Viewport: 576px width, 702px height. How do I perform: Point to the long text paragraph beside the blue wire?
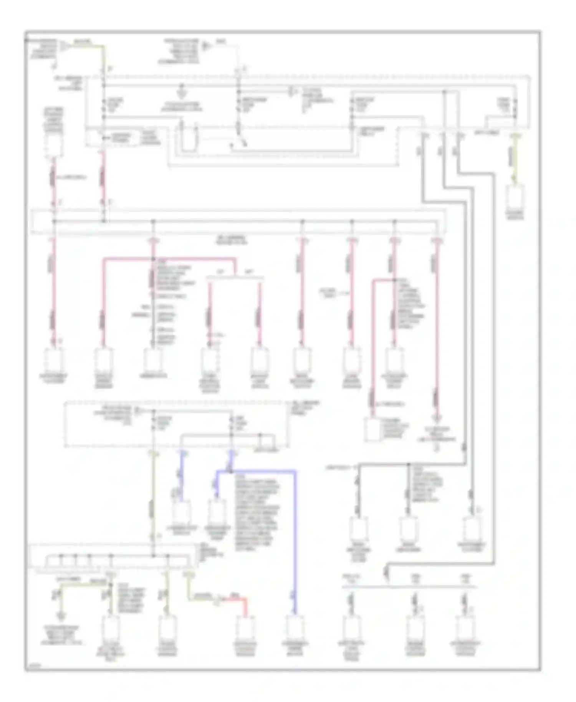tap(257, 511)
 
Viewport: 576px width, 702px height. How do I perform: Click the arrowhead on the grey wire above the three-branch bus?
tap(387, 575)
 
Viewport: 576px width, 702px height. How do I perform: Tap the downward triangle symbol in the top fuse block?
tap(181, 94)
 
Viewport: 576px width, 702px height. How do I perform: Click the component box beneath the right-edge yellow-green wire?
tap(516, 197)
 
